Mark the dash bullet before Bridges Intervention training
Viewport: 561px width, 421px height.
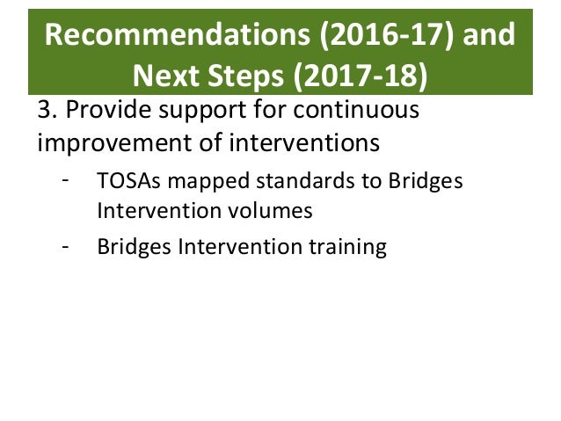click(x=65, y=247)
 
